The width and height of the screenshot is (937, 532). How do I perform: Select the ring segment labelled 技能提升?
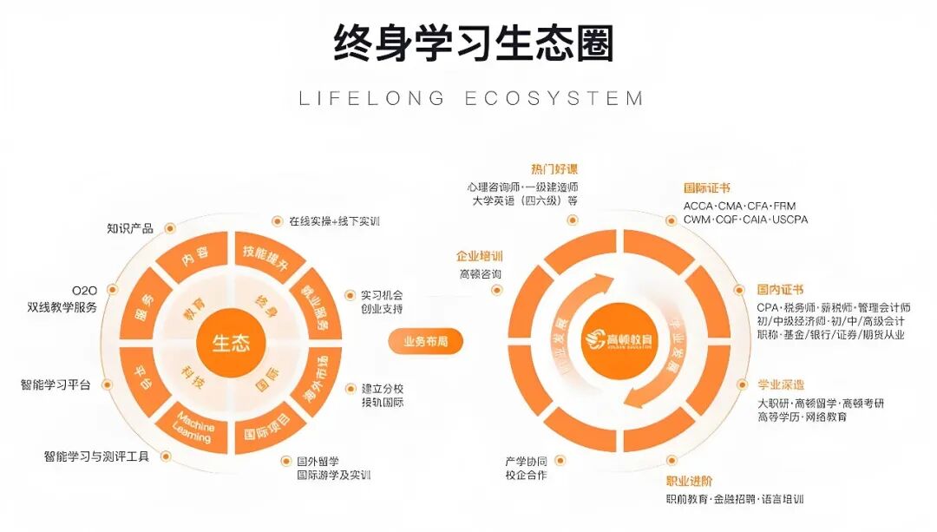pyautogui.click(x=265, y=257)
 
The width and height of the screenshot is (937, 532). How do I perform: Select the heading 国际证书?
pyautogui.click(x=707, y=187)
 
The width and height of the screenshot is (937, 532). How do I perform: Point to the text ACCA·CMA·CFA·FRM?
pyautogui.click(x=739, y=207)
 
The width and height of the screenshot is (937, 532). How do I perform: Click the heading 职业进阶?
pyautogui.click(x=690, y=481)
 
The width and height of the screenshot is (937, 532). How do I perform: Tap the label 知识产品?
pyautogui.click(x=130, y=228)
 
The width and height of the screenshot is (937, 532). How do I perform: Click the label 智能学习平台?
pyautogui.click(x=56, y=384)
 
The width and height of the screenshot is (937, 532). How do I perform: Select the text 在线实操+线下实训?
pyautogui.click(x=334, y=221)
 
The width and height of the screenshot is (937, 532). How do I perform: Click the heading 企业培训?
pyautogui.click(x=479, y=257)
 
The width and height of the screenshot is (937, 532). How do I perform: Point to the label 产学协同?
pyautogui.click(x=526, y=461)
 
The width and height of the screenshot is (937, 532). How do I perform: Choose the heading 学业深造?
pyautogui.click(x=781, y=384)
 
